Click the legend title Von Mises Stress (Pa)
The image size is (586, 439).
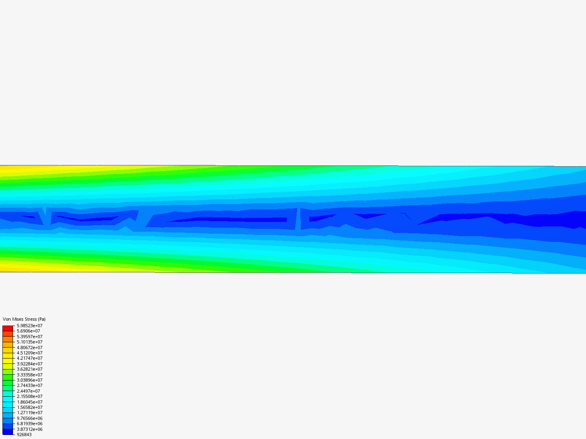24,319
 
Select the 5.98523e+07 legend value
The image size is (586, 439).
30,326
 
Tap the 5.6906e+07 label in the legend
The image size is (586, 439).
28,331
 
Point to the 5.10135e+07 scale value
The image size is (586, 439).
30,342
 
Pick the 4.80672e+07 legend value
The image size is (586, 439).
30,348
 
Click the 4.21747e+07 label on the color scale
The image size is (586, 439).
30,358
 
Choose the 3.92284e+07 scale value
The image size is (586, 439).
30,364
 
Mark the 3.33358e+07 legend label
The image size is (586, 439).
30,375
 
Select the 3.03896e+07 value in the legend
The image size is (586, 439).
30,380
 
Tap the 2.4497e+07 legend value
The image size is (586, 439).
28,391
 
